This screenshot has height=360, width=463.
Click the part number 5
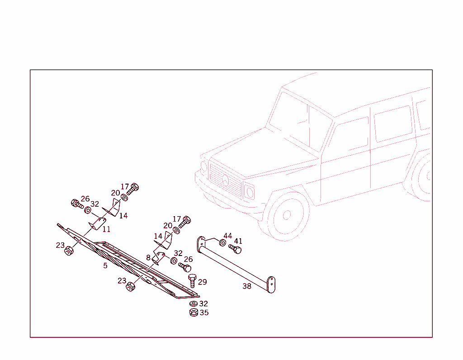point(105,266)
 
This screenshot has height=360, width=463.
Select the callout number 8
point(148,258)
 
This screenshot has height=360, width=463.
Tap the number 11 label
point(106,229)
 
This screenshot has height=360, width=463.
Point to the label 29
point(202,282)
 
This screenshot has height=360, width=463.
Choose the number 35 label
point(204,313)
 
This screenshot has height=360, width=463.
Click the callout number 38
point(247,286)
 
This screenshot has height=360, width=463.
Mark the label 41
point(238,241)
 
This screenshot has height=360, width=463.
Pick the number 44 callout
point(228,236)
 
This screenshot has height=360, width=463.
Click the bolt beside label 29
point(192,280)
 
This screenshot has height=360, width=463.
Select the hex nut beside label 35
point(194,312)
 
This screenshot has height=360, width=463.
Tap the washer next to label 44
point(222,243)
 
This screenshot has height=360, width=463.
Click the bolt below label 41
point(235,249)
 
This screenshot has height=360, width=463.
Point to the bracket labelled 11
point(98,223)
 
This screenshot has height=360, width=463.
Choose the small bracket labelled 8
point(159,258)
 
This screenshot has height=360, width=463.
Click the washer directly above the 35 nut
point(194,303)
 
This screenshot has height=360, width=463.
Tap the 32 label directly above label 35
point(203,304)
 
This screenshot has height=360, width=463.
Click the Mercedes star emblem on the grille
point(226,180)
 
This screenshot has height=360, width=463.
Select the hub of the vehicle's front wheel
point(287,215)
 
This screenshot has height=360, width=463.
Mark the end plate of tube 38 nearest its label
point(271,284)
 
